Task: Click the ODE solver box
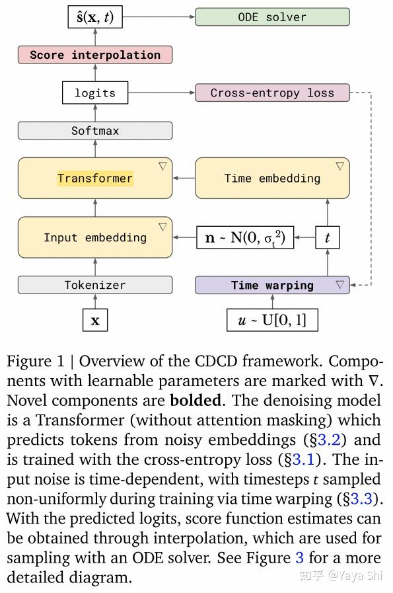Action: pos(272,17)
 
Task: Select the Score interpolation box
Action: pos(95,55)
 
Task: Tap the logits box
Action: pos(95,93)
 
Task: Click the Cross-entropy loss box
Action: pos(272,93)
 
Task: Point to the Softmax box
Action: pos(95,131)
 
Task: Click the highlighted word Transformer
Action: pos(95,178)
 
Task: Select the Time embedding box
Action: pos(272,178)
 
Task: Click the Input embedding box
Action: pos(95,237)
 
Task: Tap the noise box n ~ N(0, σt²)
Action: pos(245,237)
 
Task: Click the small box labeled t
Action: pos(328,237)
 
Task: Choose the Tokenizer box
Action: pos(95,285)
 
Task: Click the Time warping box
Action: pos(272,285)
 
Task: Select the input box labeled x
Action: pos(95,321)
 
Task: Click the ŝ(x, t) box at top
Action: pos(95,17)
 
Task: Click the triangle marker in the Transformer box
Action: pos(162,167)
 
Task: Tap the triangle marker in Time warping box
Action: pos(340,285)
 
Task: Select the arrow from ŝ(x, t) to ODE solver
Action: pos(159,17)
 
